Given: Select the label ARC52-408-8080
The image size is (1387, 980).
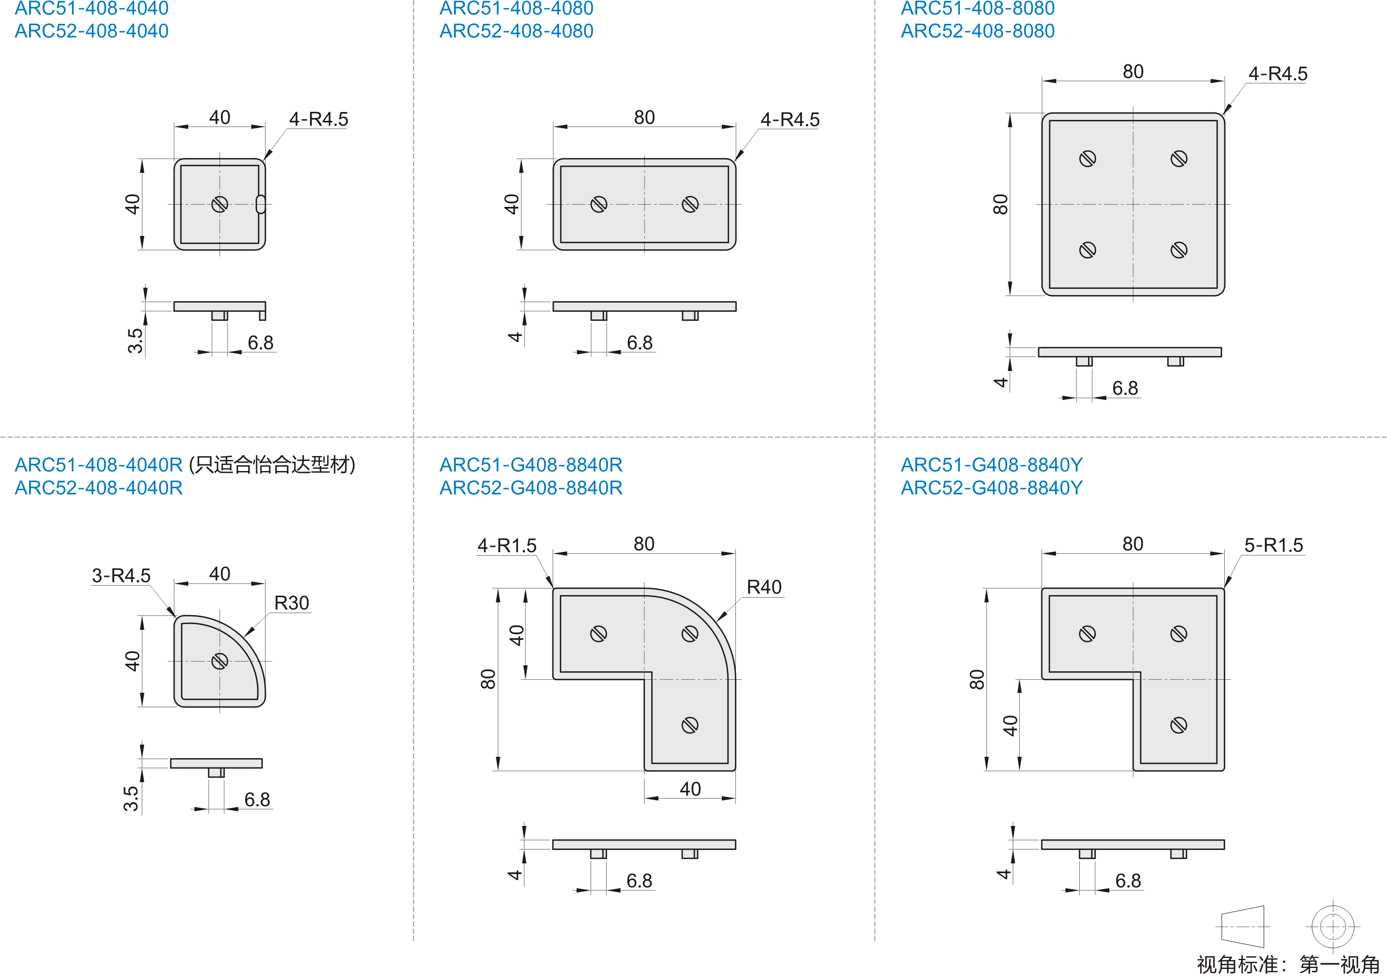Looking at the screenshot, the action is (977, 31).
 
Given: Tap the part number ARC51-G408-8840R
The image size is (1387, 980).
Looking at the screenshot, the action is (530, 464).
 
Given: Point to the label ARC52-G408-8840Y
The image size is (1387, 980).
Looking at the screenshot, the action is (992, 488).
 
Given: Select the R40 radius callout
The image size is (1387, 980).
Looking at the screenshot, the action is (764, 587).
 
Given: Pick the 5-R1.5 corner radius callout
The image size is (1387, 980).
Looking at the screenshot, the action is (1273, 545).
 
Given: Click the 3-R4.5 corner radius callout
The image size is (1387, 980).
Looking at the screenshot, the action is (121, 575).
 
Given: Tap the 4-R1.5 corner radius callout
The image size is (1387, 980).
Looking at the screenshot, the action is (507, 546).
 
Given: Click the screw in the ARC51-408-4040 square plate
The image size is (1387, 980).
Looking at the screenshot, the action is (220, 204).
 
